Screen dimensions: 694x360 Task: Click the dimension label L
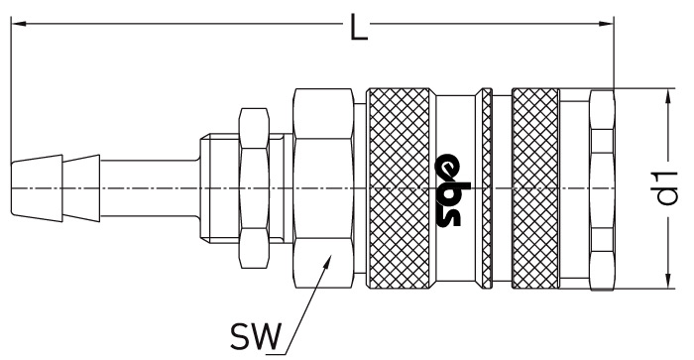click(x=359, y=28)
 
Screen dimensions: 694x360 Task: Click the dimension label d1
click(x=667, y=188)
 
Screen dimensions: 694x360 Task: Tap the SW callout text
click(x=256, y=336)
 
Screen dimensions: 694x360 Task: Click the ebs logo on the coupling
click(x=448, y=189)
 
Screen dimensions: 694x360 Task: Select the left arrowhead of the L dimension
click(x=18, y=23)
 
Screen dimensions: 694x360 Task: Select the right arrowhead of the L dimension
click(x=606, y=23)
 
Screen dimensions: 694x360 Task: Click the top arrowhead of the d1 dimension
click(x=666, y=96)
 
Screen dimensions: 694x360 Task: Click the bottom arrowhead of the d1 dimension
click(x=666, y=281)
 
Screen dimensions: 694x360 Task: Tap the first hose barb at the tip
click(x=37, y=188)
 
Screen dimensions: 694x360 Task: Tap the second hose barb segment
click(x=81, y=188)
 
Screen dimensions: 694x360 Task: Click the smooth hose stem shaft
click(x=150, y=188)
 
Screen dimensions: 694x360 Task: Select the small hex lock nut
click(x=254, y=188)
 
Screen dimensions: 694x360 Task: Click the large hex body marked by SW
click(x=323, y=188)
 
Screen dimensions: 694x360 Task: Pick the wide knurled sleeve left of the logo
click(x=399, y=188)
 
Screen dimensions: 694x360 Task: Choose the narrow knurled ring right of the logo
click(x=487, y=188)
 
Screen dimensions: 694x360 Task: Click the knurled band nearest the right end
click(x=535, y=188)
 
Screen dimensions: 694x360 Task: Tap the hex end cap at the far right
click(x=602, y=189)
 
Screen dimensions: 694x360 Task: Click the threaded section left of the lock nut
click(x=219, y=188)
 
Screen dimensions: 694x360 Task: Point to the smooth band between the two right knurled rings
click(x=502, y=188)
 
